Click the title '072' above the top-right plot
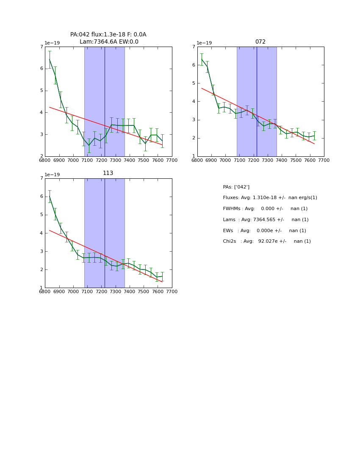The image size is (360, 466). click(x=260, y=42)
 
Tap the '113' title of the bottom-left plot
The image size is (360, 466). click(x=108, y=173)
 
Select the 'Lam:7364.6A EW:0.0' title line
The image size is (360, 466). click(x=109, y=42)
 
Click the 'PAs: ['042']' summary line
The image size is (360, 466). click(x=236, y=187)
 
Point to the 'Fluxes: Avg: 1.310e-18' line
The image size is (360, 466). click(x=270, y=198)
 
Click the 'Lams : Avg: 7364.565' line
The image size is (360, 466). click(x=266, y=220)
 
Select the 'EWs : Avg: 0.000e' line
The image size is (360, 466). click(x=264, y=231)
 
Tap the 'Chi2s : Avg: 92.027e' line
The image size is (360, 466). click(x=267, y=241)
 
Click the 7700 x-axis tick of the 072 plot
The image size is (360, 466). click(x=324, y=160)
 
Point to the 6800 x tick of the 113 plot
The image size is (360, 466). click(x=45, y=292)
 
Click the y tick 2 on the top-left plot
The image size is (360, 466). click(x=42, y=156)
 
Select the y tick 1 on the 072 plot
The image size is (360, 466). click(x=194, y=156)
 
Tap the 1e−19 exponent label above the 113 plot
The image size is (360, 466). click(x=52, y=175)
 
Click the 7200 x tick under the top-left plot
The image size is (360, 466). click(x=102, y=160)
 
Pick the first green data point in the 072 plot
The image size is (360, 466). click(x=202, y=59)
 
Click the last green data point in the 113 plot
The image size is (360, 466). click(x=162, y=276)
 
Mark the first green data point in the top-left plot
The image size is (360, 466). click(x=50, y=60)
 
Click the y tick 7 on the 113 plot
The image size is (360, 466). click(x=42, y=178)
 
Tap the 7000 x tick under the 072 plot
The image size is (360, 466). click(x=225, y=160)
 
